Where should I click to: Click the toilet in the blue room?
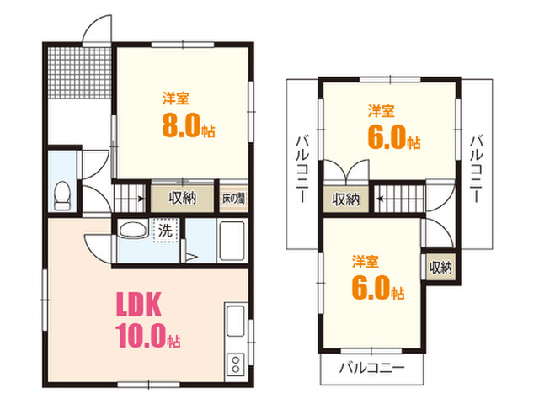point(62,195)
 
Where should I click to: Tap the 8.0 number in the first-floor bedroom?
point(181,125)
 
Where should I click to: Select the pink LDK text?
point(138,305)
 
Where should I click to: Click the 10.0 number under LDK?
point(141,336)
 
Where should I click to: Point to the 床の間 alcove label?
point(233,199)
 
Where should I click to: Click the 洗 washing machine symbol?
point(165,230)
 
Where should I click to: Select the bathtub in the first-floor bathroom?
point(232,241)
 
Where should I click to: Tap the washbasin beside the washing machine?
point(132,229)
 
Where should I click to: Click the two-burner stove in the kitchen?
point(236,364)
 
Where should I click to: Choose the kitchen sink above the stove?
point(236,321)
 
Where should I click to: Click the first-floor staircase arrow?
point(141,199)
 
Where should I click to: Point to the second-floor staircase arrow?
point(380,199)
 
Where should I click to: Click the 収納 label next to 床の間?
point(183,199)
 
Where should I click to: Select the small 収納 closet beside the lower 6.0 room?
point(440,268)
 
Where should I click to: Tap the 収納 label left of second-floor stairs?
point(345,199)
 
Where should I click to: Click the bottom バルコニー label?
point(372,369)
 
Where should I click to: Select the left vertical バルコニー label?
point(302,169)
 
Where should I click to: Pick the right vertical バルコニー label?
point(477,169)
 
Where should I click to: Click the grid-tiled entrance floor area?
point(79,73)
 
